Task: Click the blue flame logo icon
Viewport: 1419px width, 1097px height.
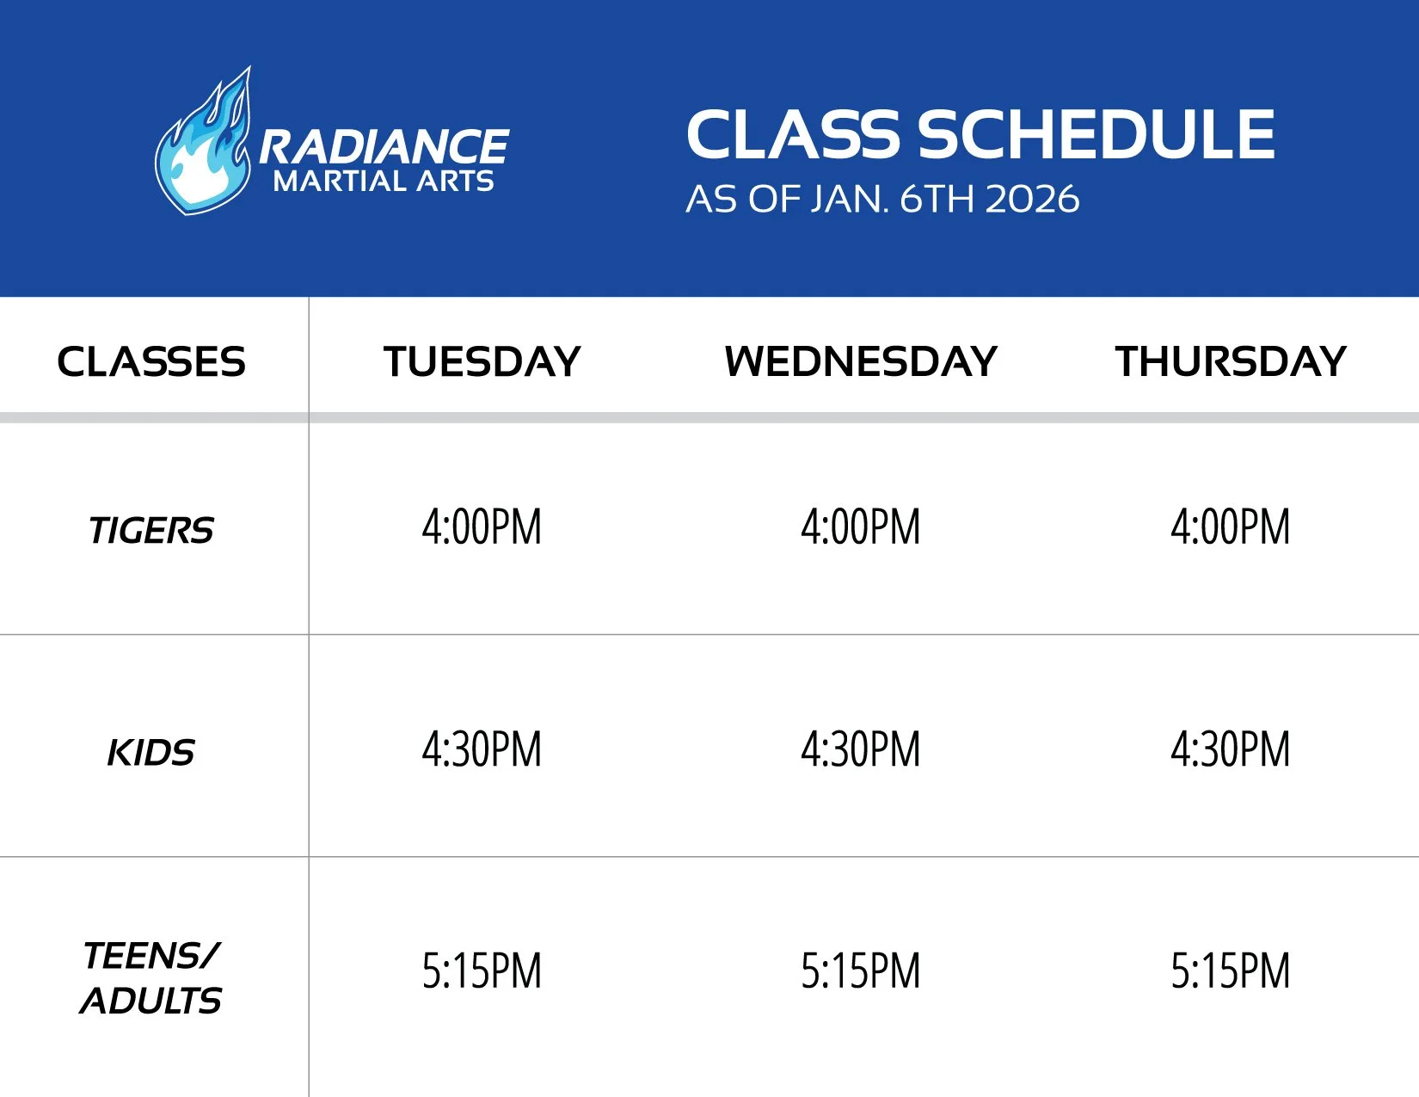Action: point(203,146)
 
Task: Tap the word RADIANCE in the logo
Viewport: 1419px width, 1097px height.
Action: point(384,146)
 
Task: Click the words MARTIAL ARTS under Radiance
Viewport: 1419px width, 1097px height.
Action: point(384,182)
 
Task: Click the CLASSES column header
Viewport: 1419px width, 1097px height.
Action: point(151,361)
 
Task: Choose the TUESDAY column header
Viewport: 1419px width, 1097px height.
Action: point(482,361)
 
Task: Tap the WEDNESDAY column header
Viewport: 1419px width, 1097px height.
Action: point(861,361)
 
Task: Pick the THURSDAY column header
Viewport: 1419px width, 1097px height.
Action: point(1231,361)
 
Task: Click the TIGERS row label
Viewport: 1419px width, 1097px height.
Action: point(151,531)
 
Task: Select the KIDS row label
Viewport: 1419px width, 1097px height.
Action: point(151,753)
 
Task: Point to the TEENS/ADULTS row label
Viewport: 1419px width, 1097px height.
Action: point(151,978)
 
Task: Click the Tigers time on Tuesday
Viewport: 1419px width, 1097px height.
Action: point(482,527)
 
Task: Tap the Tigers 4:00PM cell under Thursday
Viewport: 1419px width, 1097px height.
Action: point(1231,527)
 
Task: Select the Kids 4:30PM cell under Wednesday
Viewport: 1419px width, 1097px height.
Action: point(861,749)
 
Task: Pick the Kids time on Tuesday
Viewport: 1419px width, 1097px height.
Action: point(482,749)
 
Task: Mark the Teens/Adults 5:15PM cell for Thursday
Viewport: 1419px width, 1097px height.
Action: point(1231,971)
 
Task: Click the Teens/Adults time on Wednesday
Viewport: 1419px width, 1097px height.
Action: point(861,971)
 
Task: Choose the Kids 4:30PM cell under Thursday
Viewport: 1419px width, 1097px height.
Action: point(1231,749)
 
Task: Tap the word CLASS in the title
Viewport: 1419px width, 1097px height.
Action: point(794,135)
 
